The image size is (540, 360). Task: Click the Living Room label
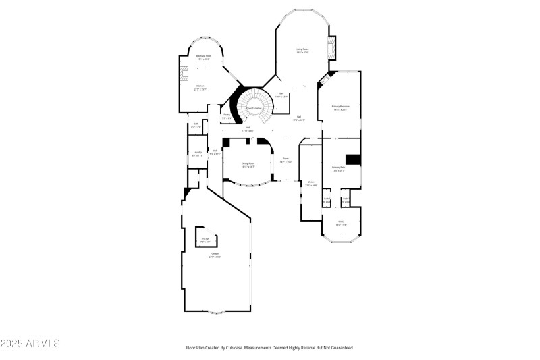click(302, 49)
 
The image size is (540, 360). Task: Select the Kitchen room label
click(200, 86)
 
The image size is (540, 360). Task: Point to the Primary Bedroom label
click(340, 107)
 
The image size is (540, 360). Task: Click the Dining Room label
click(248, 163)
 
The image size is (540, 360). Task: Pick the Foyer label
click(286, 160)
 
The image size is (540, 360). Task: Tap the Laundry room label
click(197, 155)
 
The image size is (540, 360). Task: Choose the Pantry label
click(227, 115)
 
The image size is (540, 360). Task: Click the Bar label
click(281, 95)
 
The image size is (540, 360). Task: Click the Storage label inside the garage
click(205, 239)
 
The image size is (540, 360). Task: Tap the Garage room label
click(215, 256)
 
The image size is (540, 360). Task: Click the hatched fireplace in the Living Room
click(330, 47)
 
